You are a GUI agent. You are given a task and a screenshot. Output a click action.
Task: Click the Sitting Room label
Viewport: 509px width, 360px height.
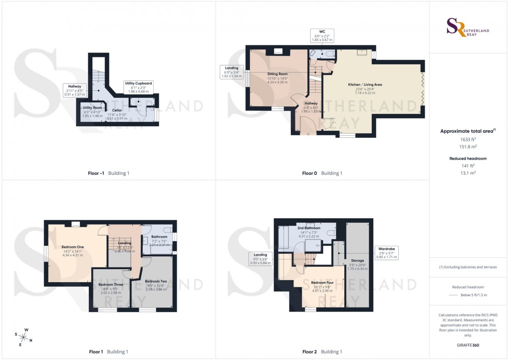click(277, 74)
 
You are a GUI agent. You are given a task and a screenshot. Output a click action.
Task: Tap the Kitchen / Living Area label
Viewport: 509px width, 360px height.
click(365, 85)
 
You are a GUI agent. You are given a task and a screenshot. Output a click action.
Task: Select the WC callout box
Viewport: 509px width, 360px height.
click(322, 35)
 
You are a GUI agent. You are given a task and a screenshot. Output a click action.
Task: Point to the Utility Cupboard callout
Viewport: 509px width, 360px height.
click(138, 87)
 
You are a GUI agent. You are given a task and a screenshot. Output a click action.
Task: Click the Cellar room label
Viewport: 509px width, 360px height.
click(117, 110)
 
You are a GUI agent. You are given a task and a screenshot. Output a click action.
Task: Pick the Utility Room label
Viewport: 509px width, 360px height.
click(92, 108)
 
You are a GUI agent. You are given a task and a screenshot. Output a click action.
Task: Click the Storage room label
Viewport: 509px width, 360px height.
click(357, 260)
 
